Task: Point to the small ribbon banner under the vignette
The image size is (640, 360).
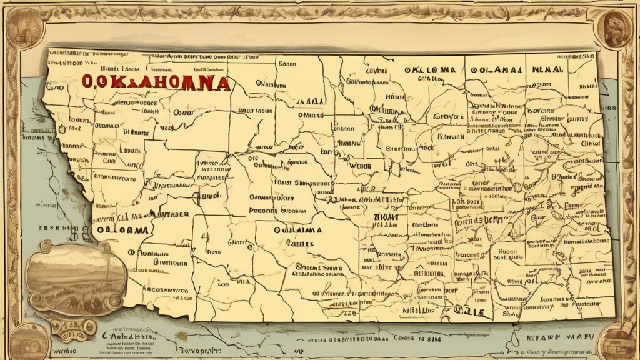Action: [74, 327]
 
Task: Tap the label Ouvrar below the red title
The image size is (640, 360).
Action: [184, 113]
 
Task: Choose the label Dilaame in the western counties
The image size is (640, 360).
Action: [136, 132]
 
